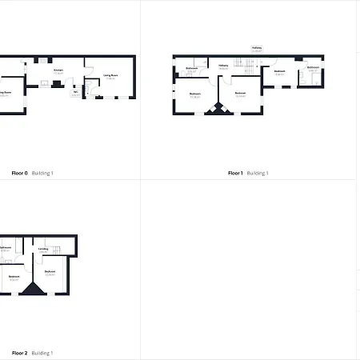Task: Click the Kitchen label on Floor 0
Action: [58, 70]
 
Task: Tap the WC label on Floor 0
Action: [75, 91]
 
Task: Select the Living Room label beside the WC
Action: [111, 77]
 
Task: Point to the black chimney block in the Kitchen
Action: [57, 84]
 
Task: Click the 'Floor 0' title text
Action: [19, 173]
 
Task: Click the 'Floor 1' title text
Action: [235, 173]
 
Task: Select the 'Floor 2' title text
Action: [19, 353]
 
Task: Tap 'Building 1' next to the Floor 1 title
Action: [258, 173]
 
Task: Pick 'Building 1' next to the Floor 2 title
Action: [42, 353]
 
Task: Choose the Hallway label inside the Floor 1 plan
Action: [223, 66]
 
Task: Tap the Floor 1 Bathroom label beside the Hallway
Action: [192, 70]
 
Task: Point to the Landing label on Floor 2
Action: [44, 249]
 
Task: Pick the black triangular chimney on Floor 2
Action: [34, 290]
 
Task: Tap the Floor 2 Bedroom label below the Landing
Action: [50, 272]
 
